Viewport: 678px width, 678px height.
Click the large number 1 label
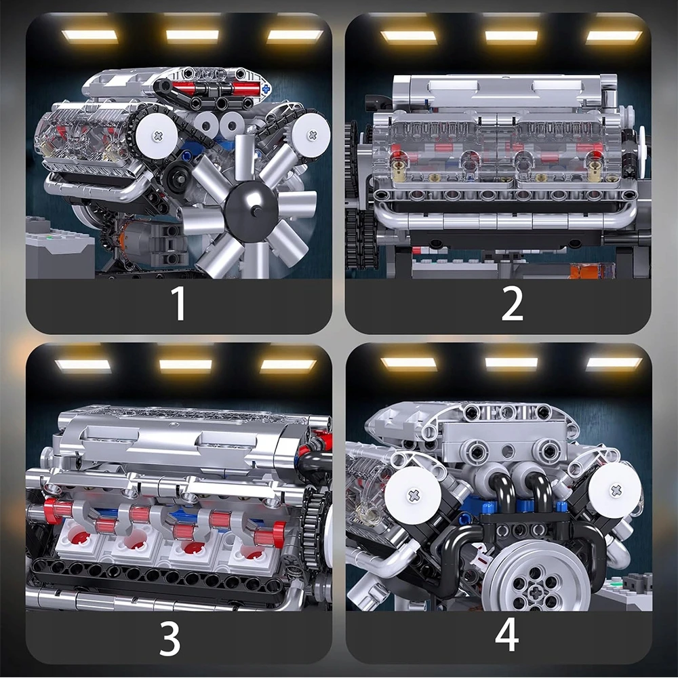pyautogui.click(x=178, y=303)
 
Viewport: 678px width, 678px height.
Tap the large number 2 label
pyautogui.click(x=512, y=303)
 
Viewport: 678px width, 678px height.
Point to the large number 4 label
pyautogui.click(x=506, y=634)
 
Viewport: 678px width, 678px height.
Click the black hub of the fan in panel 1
pyautogui.click(x=252, y=211)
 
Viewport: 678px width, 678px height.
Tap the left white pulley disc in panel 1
pyautogui.click(x=157, y=136)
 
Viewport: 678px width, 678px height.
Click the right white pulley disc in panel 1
pyautogui.click(x=311, y=135)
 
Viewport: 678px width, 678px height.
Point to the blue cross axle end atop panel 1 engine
pyautogui.click(x=265, y=89)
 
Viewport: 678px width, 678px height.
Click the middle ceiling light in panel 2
pyautogui.click(x=511, y=37)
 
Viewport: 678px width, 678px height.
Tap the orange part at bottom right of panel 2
pyautogui.click(x=591, y=271)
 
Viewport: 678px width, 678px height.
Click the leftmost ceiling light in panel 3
pyautogui.click(x=83, y=366)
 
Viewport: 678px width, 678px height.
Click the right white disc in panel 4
pyautogui.click(x=615, y=491)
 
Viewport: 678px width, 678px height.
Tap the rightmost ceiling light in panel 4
pyautogui.click(x=614, y=364)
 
